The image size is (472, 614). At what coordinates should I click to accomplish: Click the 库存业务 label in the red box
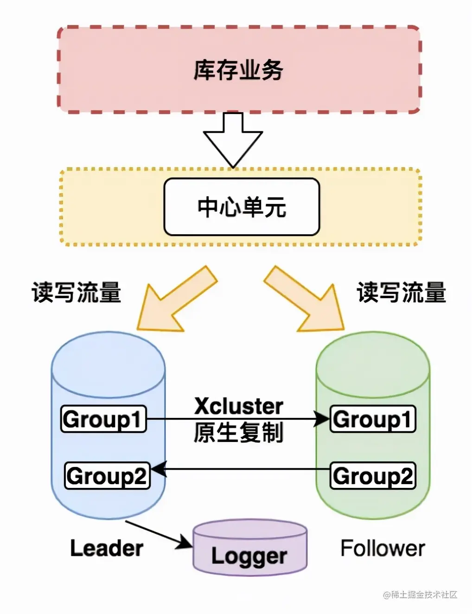(238, 70)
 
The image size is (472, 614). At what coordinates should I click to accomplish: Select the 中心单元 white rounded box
(242, 207)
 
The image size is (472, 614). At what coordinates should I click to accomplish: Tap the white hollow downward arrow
(233, 139)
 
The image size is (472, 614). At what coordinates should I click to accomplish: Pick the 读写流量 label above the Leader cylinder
(77, 293)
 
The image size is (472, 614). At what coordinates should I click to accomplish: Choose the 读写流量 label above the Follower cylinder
(402, 293)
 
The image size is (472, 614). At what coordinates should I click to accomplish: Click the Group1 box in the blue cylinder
(103, 419)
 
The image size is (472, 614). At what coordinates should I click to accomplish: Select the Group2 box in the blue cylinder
(107, 475)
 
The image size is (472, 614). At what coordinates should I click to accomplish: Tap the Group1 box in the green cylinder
(372, 419)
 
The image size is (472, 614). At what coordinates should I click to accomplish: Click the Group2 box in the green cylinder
(372, 475)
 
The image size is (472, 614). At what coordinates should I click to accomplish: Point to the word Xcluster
(238, 406)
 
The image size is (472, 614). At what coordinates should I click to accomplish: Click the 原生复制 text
(238, 433)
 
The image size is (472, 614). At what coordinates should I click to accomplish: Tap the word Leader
(106, 548)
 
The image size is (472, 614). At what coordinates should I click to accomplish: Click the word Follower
(383, 548)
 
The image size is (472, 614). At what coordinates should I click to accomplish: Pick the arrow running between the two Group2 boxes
(241, 469)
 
